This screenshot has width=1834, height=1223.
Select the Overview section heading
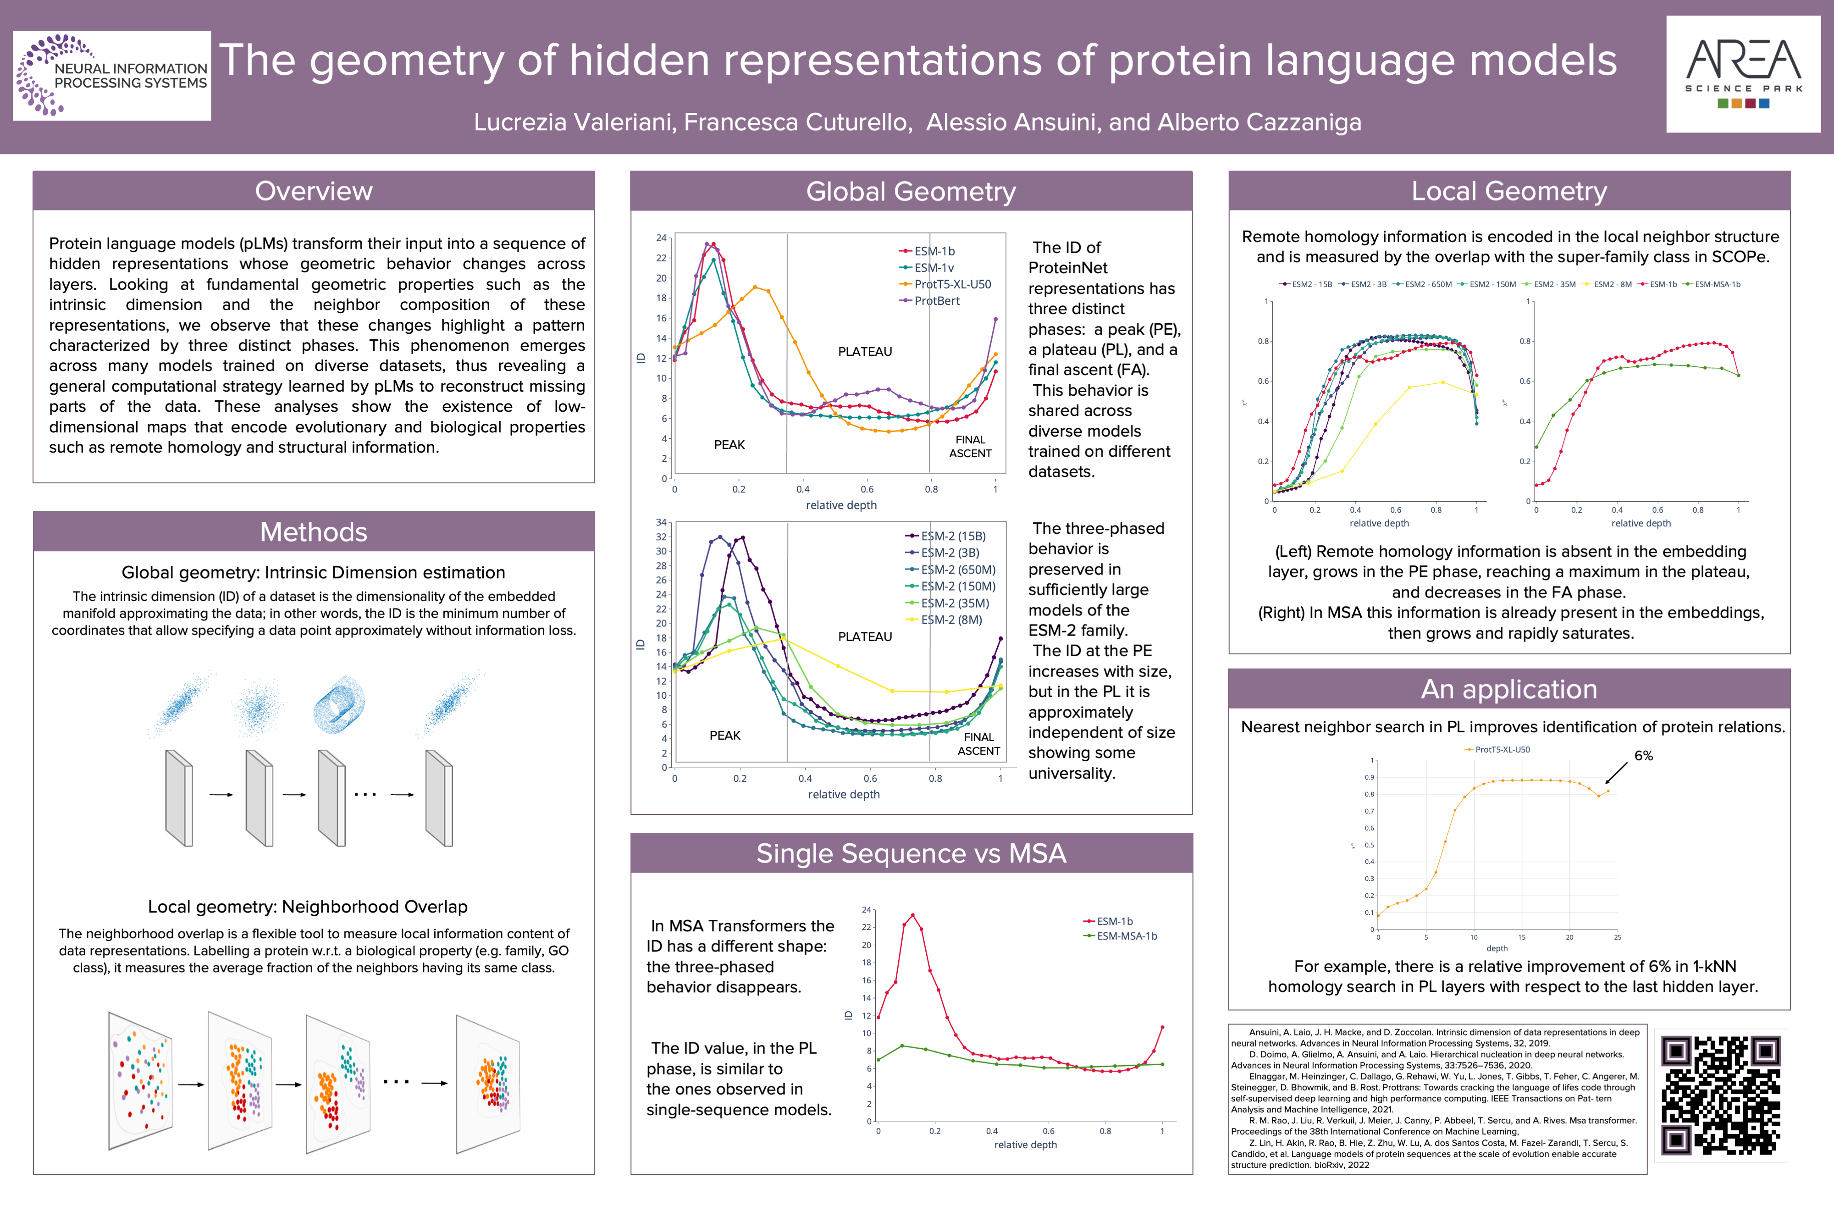pos(314,191)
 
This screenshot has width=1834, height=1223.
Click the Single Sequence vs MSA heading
pos(911,853)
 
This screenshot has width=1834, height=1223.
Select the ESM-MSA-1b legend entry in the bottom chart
pos(1126,936)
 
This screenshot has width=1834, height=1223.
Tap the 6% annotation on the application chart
pos(1643,756)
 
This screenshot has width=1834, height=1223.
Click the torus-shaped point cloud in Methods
pos(338,704)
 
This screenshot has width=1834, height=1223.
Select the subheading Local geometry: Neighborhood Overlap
pos(307,906)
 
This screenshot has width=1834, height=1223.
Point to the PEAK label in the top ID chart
pos(729,445)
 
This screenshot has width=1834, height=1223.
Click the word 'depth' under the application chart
pos(1497,948)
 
